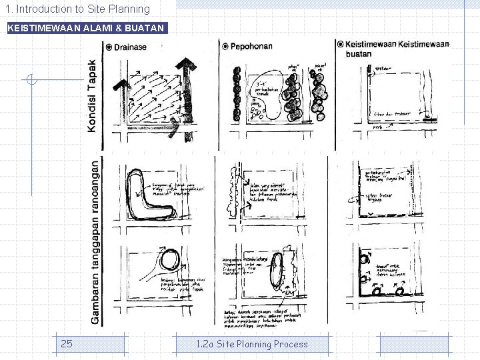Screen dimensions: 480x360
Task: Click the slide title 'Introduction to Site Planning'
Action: (79, 9)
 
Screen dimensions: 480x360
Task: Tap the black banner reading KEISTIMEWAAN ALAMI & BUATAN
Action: (85, 28)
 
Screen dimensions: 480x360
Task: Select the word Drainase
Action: (130, 47)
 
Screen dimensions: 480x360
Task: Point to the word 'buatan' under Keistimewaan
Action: (359, 54)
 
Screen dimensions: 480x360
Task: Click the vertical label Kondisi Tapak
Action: (92, 95)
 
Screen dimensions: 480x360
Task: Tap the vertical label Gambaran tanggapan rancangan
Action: (95, 241)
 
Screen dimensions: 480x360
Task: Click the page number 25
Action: (67, 344)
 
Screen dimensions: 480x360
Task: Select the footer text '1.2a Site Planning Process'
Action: (252, 344)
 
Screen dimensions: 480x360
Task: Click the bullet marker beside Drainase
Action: (108, 47)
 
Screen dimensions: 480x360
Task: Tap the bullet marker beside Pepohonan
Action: (225, 47)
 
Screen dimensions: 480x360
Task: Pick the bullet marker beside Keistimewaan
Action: (340, 45)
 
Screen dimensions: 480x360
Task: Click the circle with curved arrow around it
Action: (171, 260)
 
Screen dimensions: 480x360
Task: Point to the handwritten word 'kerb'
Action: (377, 127)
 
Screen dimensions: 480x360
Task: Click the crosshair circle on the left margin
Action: (31, 80)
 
